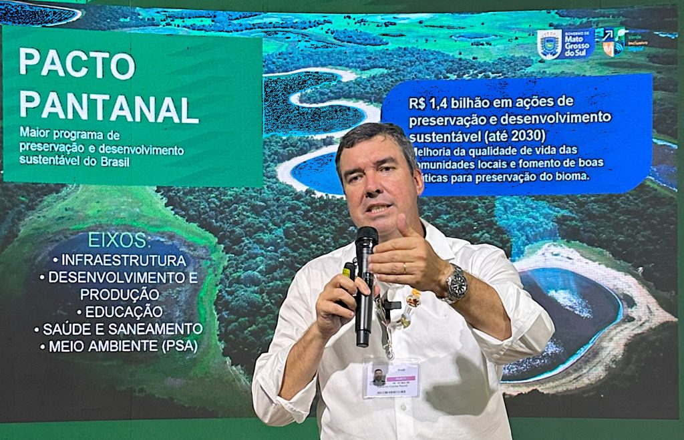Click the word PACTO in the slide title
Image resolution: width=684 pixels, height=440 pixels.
click(x=77, y=64)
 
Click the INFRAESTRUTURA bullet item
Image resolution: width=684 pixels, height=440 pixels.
click(x=120, y=260)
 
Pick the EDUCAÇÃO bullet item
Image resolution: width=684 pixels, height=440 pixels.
click(x=120, y=311)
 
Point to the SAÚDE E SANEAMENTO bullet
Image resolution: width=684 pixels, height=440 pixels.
click(x=119, y=328)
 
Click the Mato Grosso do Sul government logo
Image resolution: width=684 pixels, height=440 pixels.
click(x=565, y=44)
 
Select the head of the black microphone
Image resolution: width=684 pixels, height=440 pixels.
click(x=366, y=238)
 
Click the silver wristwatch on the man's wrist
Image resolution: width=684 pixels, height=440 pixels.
click(x=456, y=284)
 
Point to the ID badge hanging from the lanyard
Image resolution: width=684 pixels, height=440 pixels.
click(x=391, y=379)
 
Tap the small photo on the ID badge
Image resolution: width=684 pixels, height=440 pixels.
click(x=378, y=377)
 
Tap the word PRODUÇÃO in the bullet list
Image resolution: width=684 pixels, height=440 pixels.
click(x=120, y=294)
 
